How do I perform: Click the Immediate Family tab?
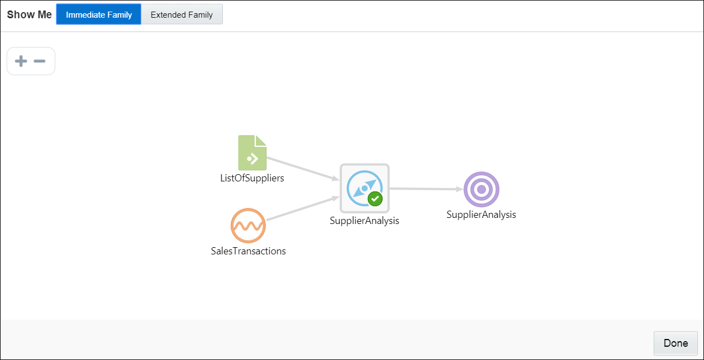click(98, 14)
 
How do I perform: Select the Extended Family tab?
click(181, 14)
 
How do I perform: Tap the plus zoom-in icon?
click(21, 61)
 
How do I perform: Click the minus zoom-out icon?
click(40, 61)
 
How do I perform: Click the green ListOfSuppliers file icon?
click(252, 153)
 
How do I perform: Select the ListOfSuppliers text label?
click(252, 178)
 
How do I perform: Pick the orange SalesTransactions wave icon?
click(248, 226)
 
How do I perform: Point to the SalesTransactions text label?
click(248, 251)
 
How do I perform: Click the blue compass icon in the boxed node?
click(364, 188)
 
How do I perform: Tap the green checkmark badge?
click(375, 199)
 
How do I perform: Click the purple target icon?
click(482, 190)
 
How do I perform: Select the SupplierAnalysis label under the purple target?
click(481, 215)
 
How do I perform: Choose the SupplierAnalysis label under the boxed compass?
click(364, 221)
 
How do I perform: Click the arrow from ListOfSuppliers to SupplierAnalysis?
click(303, 169)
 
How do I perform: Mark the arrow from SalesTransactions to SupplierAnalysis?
click(303, 208)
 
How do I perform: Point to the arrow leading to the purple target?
click(426, 189)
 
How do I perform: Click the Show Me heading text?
click(29, 14)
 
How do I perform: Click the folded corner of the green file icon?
click(261, 140)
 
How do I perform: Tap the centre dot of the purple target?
click(482, 190)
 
